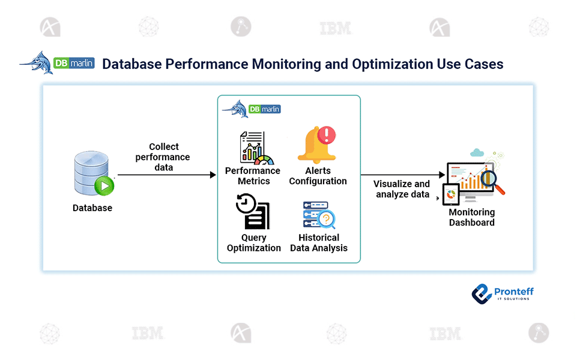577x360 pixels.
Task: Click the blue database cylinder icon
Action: point(91,172)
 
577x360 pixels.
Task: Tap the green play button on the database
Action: point(104,186)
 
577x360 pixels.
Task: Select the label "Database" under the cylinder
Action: point(92,208)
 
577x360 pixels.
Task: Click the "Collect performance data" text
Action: point(163,157)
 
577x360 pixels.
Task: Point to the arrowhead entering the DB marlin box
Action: point(213,175)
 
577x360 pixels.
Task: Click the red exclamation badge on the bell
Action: point(327,135)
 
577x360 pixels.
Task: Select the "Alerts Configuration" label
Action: point(318,176)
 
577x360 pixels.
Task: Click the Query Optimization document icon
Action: point(253,211)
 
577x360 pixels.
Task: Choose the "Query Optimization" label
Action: point(254,242)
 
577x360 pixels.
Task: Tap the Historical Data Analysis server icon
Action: point(319,215)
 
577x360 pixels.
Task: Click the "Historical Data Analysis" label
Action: point(319,242)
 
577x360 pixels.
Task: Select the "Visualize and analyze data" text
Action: point(402,189)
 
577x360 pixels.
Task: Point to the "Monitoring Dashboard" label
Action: point(472,217)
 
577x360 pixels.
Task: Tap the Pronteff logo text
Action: point(514,292)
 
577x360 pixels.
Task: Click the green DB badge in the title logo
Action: point(61,63)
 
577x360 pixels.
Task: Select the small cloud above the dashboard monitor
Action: point(477,152)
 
